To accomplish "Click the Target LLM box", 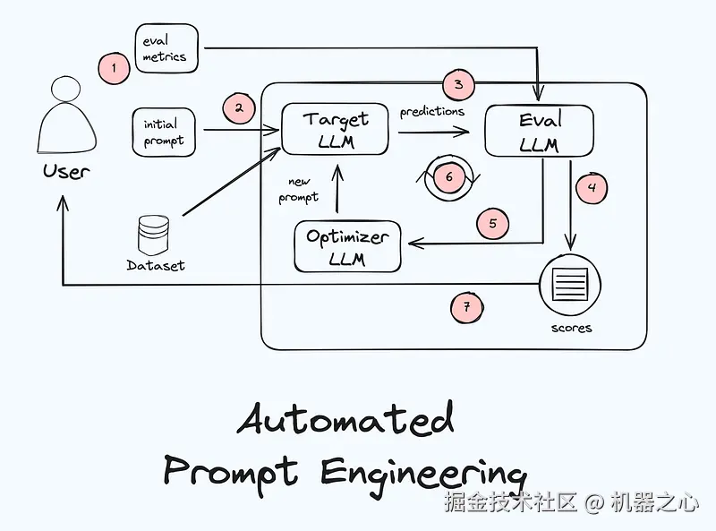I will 335,130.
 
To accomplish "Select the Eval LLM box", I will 539,132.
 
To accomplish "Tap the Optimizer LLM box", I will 347,247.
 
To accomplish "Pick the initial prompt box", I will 163,132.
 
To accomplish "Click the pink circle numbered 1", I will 114,67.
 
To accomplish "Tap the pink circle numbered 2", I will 239,108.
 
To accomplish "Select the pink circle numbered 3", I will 458,85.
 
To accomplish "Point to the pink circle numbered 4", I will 591,188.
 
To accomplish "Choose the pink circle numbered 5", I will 492,223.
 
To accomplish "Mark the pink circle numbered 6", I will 448,176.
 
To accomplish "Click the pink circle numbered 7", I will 466,307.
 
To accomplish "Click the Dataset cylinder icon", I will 154,235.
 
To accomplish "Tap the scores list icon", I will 571,286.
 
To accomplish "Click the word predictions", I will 432,112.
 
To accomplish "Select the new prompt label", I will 298,189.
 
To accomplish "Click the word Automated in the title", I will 346,419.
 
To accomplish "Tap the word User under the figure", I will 66,170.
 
